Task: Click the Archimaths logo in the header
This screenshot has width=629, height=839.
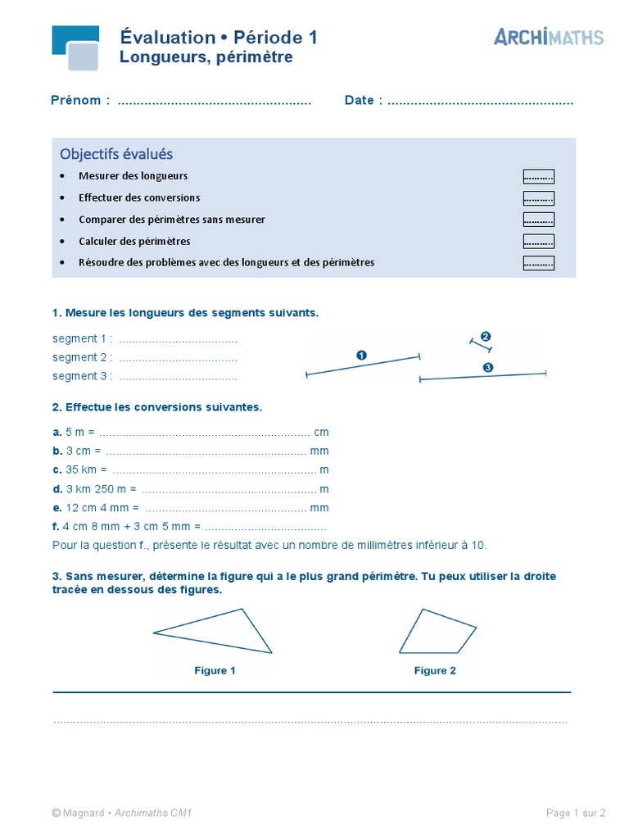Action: [549, 37]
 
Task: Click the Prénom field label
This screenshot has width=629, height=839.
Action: [80, 101]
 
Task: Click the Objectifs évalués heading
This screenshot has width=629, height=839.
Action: [116, 154]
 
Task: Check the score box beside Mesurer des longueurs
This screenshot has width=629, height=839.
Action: [538, 176]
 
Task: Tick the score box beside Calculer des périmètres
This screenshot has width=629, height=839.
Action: [538, 242]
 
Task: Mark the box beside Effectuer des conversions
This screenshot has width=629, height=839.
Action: [538, 198]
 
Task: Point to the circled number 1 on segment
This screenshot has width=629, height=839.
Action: [361, 355]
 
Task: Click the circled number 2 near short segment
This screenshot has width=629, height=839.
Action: [486, 337]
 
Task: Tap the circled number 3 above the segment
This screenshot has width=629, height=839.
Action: [488, 368]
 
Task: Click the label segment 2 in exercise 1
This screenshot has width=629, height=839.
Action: [82, 357]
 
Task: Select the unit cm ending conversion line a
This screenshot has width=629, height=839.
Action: [321, 432]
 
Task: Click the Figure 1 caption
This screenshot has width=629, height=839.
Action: [215, 670]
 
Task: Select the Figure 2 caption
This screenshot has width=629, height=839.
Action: [435, 670]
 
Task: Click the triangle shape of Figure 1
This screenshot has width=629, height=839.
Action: [229, 633]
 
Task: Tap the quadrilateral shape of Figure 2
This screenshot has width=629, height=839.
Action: [436, 633]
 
